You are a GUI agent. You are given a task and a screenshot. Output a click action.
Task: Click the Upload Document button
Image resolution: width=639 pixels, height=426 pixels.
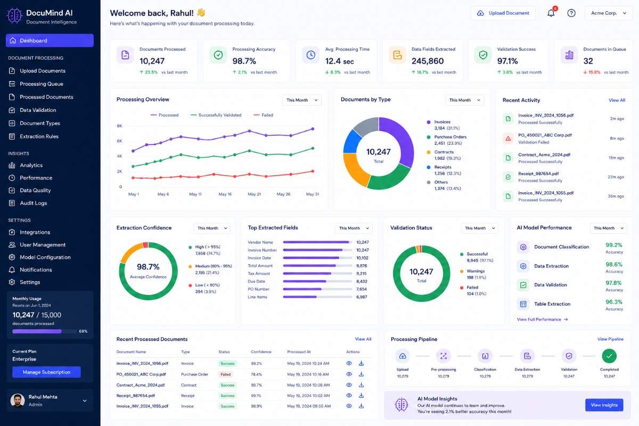(x=503, y=13)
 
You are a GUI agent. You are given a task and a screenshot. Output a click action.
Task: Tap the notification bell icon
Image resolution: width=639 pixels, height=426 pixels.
(x=551, y=13)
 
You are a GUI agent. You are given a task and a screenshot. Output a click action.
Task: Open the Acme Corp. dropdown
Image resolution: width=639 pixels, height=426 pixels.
(x=609, y=13)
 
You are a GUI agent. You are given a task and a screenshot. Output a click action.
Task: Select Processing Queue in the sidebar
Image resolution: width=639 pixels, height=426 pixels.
(x=42, y=84)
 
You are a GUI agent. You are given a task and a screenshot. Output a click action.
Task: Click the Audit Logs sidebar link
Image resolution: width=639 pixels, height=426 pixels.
(x=34, y=203)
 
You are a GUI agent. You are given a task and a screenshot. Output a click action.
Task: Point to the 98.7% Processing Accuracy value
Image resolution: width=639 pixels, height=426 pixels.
(x=244, y=61)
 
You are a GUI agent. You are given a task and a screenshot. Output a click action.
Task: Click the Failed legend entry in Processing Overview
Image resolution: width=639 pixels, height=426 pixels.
(x=263, y=115)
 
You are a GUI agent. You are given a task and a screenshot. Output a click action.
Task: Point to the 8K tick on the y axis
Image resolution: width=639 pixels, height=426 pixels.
(x=119, y=126)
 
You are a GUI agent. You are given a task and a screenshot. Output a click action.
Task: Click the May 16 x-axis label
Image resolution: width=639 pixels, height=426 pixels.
(x=225, y=194)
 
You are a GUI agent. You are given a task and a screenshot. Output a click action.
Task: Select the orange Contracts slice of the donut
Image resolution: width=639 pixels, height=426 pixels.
(x=354, y=168)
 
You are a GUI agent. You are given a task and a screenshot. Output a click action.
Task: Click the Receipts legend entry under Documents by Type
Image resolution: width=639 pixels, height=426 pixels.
(x=444, y=170)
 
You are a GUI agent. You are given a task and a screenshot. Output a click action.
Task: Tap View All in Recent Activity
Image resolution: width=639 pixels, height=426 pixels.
(x=617, y=100)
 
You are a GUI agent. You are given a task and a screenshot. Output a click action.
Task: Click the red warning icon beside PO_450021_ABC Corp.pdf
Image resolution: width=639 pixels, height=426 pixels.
(x=508, y=138)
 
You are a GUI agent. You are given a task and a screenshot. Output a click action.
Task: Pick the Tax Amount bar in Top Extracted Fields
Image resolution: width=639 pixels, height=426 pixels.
(x=307, y=274)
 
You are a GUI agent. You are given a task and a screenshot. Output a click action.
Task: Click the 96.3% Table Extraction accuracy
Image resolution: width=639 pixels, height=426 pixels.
(x=614, y=302)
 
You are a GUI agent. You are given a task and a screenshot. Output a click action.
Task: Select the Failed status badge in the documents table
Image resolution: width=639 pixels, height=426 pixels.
(x=225, y=374)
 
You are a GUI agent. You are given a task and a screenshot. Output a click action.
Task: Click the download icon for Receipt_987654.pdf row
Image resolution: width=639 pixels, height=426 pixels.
(x=361, y=396)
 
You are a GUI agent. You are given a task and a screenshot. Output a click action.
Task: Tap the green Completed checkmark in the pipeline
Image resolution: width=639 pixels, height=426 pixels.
(x=609, y=356)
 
